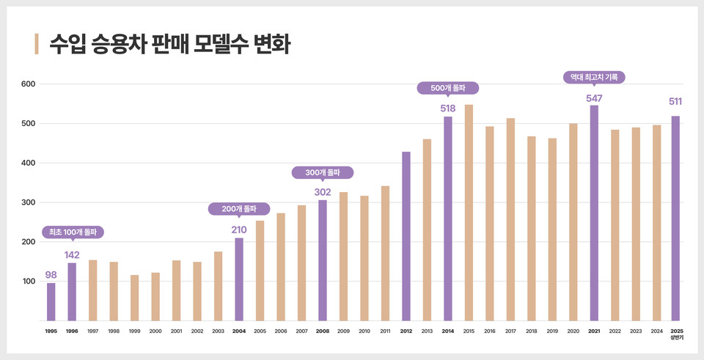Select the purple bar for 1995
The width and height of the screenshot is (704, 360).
tap(51, 301)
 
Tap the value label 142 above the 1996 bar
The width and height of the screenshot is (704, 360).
tap(72, 255)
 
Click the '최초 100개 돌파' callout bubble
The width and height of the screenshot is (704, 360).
tap(72, 232)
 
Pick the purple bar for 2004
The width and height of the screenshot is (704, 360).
tap(239, 279)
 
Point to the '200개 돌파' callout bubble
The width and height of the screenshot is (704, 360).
tap(239, 209)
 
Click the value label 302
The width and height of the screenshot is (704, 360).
tap(323, 192)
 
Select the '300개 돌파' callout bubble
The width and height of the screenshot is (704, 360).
tap(323, 172)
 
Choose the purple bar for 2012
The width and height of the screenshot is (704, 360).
tap(406, 236)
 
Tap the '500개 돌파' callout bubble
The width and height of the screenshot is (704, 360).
tap(448, 88)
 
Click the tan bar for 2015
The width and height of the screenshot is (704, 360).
tap(469, 213)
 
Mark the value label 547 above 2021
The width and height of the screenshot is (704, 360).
tap(594, 98)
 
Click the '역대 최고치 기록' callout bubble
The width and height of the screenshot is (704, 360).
tap(594, 76)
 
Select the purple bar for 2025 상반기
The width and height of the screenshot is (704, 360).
tap(675, 218)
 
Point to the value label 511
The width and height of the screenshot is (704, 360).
tap(675, 102)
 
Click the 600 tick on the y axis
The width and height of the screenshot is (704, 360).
tap(28, 84)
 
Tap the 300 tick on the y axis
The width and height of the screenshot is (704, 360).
tap(28, 202)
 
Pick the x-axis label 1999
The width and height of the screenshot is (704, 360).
tap(134, 331)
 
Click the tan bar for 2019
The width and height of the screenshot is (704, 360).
tap(552, 229)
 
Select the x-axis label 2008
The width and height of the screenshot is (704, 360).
tap(323, 331)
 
